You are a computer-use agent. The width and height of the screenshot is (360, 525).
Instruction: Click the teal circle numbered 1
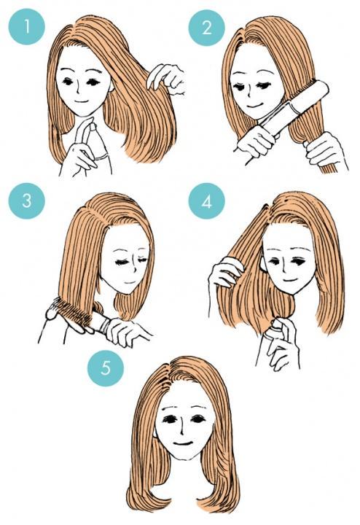[27, 27]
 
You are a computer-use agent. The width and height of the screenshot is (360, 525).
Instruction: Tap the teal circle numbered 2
[206, 28]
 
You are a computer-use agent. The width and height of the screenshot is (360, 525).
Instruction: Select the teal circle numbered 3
[27, 201]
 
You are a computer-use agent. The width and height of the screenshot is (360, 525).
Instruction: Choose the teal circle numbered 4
[206, 201]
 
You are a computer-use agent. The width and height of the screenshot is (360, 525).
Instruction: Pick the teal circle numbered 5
[106, 368]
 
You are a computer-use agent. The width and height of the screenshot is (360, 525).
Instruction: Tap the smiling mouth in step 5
[183, 443]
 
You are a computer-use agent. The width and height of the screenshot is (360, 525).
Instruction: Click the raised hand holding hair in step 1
[166, 79]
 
